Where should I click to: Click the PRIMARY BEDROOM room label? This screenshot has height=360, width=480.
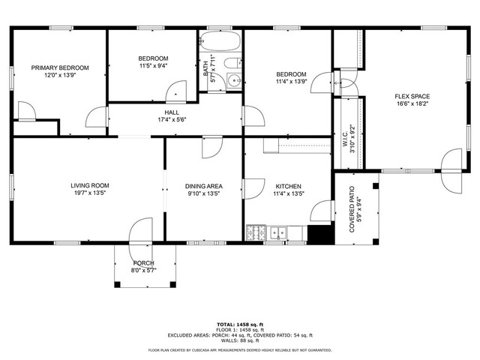click(60, 67)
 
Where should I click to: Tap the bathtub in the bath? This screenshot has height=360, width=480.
click(220, 40)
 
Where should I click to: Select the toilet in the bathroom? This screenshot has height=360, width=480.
click(233, 63)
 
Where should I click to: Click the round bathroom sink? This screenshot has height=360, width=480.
click(234, 81)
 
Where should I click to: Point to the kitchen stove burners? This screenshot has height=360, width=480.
click(256, 232)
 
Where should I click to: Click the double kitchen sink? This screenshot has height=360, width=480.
click(278, 233)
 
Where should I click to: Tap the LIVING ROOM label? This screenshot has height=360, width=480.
click(90, 185)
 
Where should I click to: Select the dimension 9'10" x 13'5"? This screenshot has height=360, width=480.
click(204, 193)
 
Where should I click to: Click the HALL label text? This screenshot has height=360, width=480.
click(172, 112)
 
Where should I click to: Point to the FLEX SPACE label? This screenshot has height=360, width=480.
click(412, 97)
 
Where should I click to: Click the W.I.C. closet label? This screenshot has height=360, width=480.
click(345, 139)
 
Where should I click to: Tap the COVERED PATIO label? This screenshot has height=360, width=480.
click(352, 209)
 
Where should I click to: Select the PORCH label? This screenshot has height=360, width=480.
click(143, 263)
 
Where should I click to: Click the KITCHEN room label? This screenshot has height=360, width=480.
click(288, 186)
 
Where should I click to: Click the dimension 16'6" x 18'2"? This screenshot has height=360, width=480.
click(412, 103)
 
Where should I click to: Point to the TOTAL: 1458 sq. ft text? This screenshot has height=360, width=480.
click(240, 325)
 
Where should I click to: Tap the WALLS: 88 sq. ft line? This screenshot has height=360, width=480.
click(240, 340)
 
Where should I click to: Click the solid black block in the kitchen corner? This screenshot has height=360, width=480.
click(319, 235)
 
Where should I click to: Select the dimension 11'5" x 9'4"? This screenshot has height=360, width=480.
click(153, 65)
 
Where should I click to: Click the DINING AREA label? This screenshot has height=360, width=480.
click(204, 186)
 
